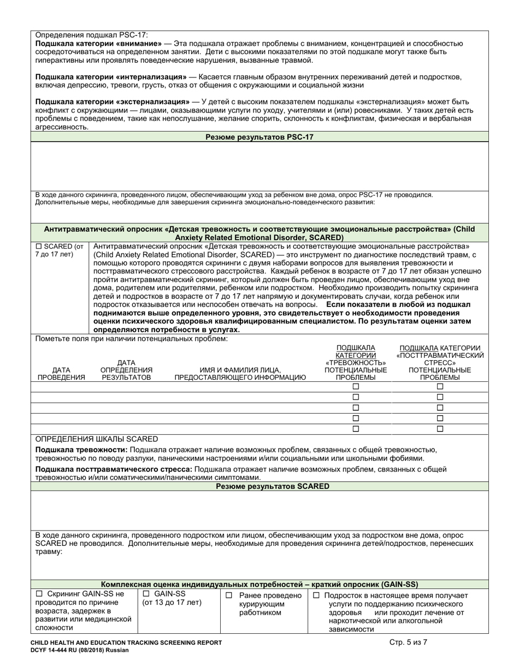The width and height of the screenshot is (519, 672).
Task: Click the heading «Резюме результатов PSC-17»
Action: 259,137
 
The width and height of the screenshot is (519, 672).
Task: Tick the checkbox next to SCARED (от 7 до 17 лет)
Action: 39,246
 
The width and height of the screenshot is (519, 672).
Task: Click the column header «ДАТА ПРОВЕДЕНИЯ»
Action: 61,374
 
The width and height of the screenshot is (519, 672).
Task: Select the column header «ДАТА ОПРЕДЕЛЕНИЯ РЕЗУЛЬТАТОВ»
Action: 126,370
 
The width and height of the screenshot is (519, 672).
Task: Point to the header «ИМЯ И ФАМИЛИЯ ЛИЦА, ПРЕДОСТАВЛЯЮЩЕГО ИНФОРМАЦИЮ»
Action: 240,374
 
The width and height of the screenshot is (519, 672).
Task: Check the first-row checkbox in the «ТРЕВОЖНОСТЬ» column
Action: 356,387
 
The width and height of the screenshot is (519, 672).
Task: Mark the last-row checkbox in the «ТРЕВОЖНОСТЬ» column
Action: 356,429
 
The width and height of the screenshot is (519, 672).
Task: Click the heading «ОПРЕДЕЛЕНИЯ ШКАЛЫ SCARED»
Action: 97,439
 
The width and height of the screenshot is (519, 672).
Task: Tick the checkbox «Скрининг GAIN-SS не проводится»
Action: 39,594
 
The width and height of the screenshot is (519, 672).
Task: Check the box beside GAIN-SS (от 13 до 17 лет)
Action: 146,594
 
